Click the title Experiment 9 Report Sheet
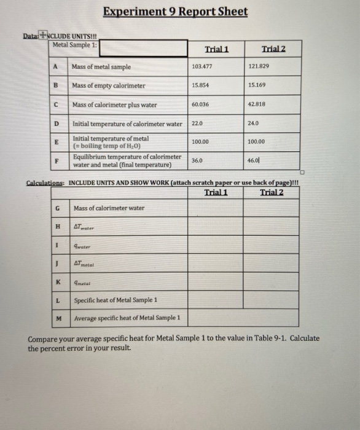coord(175,12)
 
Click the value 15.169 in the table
coord(257,85)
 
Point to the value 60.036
coord(200,104)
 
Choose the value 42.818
coord(257,104)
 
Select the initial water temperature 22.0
coord(197,123)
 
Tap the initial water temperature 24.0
coord(254,123)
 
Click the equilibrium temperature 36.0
coord(197,160)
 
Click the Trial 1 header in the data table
coord(216,49)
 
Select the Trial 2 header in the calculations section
coord(272,192)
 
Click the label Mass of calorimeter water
coord(109,208)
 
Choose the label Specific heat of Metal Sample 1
coord(115,300)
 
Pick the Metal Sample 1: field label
coord(75,44)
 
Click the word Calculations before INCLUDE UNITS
coord(45,183)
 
